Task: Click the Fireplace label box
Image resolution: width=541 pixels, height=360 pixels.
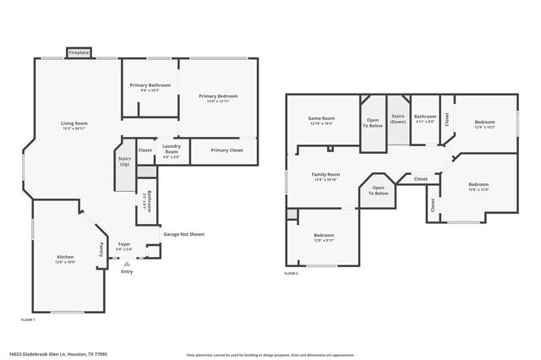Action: pyautogui.click(x=79, y=52)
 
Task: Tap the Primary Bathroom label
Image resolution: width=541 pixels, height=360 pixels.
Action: pyautogui.click(x=150, y=85)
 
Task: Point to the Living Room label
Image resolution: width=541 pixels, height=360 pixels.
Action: pyautogui.click(x=74, y=124)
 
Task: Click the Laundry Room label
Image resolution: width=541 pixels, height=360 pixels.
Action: pyautogui.click(x=171, y=150)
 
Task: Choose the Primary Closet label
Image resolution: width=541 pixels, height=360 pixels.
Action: pyautogui.click(x=227, y=150)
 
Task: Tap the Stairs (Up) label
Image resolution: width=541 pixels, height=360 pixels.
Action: pyautogui.click(x=124, y=160)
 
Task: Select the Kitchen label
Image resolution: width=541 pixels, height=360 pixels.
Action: pyautogui.click(x=65, y=257)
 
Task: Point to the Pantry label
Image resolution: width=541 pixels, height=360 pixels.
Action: pyautogui.click(x=102, y=249)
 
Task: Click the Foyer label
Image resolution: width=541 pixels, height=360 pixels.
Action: pyautogui.click(x=124, y=243)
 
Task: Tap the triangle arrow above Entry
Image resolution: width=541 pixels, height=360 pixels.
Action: pyautogui.click(x=127, y=264)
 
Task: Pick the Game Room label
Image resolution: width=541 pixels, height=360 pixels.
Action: pyautogui.click(x=321, y=118)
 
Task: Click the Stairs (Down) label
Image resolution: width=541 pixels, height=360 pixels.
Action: pyautogui.click(x=397, y=119)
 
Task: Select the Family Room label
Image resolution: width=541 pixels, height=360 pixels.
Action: pyautogui.click(x=325, y=174)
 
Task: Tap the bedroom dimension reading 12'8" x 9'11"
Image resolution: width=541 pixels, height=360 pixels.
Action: pyautogui.click(x=324, y=240)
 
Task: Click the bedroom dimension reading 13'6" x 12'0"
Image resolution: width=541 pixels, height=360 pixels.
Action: pyautogui.click(x=478, y=189)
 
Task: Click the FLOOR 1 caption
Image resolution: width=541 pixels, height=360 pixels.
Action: pyautogui.click(x=28, y=319)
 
